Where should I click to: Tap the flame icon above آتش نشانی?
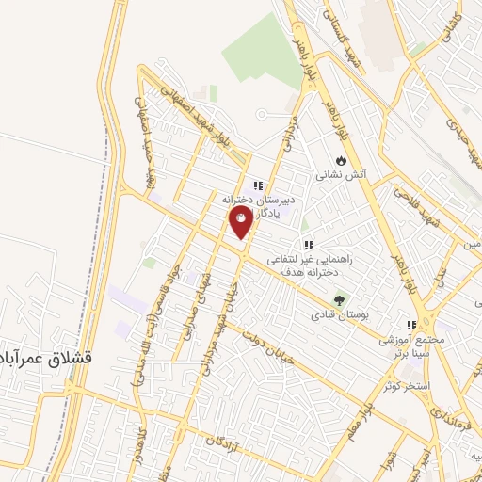(x=340, y=160)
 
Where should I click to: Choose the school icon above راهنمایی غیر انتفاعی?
(x=308, y=244)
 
